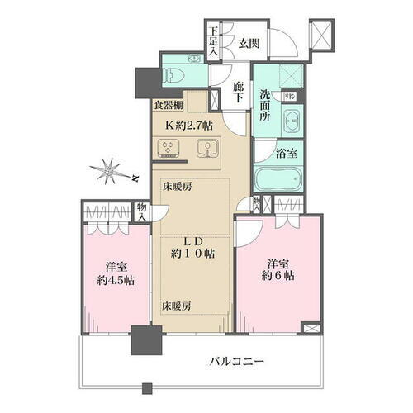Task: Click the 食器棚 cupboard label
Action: point(167,106)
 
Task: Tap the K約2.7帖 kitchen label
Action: point(189,126)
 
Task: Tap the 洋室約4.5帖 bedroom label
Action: point(116,273)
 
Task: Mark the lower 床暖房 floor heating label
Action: point(176,306)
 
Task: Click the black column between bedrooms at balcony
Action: point(147,339)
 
